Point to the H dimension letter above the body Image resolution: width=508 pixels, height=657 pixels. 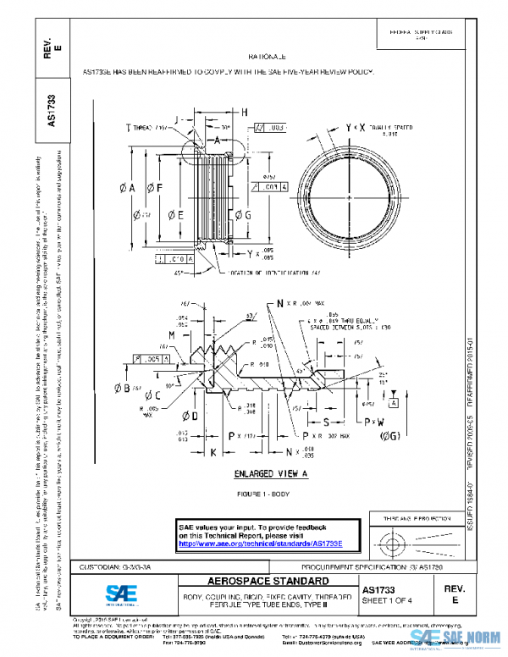point(244,112)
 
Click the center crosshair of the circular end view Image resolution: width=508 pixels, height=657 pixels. point(349,197)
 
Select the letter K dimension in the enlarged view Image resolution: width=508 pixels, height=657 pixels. point(213,454)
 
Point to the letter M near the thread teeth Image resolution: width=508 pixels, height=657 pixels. point(171,335)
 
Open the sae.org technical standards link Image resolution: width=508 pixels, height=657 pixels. point(260,544)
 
